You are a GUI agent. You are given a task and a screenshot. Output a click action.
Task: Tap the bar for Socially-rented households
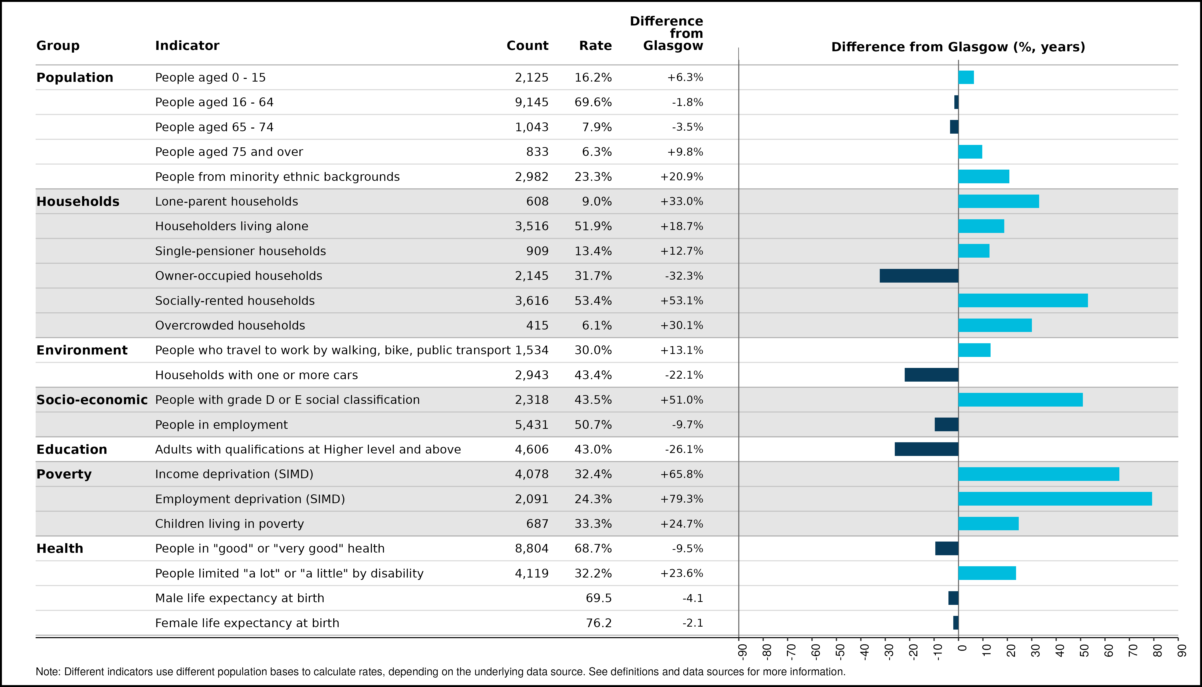1023,301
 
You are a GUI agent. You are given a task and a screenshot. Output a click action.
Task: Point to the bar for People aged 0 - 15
966,77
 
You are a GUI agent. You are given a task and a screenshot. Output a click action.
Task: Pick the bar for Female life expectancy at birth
956,623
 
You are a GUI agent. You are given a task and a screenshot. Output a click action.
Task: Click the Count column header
527,46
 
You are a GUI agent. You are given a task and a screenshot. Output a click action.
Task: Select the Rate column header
595,46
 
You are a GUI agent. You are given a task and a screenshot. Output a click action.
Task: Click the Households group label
78,202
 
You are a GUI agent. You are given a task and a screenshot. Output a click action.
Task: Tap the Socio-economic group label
92,400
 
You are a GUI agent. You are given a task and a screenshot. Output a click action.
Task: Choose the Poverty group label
64,474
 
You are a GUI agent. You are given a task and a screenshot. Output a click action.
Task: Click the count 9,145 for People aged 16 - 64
532,103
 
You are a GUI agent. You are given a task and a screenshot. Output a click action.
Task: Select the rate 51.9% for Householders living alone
593,226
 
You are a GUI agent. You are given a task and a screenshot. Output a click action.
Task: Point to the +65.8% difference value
682,474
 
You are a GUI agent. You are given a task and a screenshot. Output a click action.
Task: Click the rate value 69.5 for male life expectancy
599,598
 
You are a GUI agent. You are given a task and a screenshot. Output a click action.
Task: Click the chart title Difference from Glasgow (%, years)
958,47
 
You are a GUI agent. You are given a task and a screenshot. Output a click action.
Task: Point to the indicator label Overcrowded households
230,326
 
